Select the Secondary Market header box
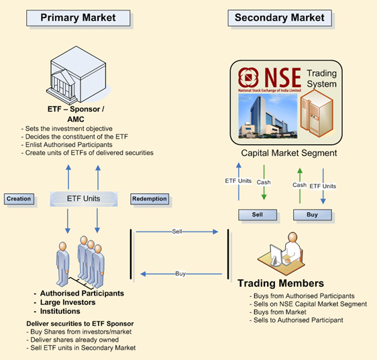click(280, 17)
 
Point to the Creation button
click(19, 199)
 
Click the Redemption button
click(150, 199)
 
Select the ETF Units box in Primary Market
click(84, 198)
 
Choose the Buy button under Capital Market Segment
click(313, 215)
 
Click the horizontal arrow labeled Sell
click(178, 232)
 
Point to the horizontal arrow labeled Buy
click(178, 274)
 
